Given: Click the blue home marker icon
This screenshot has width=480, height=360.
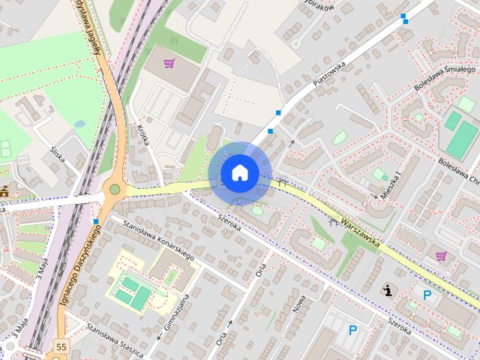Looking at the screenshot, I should click(x=239, y=173).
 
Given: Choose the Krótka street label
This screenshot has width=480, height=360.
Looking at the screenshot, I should click(x=145, y=136).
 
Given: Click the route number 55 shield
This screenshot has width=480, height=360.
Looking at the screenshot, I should click(x=60, y=347).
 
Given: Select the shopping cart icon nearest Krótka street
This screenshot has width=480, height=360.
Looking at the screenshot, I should click(x=169, y=63).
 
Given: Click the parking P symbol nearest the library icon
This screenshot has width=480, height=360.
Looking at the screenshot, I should click(x=427, y=295).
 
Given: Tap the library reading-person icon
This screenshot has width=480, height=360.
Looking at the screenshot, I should click(x=388, y=289).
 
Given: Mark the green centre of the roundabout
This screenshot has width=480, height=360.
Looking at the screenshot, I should click(x=114, y=189).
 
